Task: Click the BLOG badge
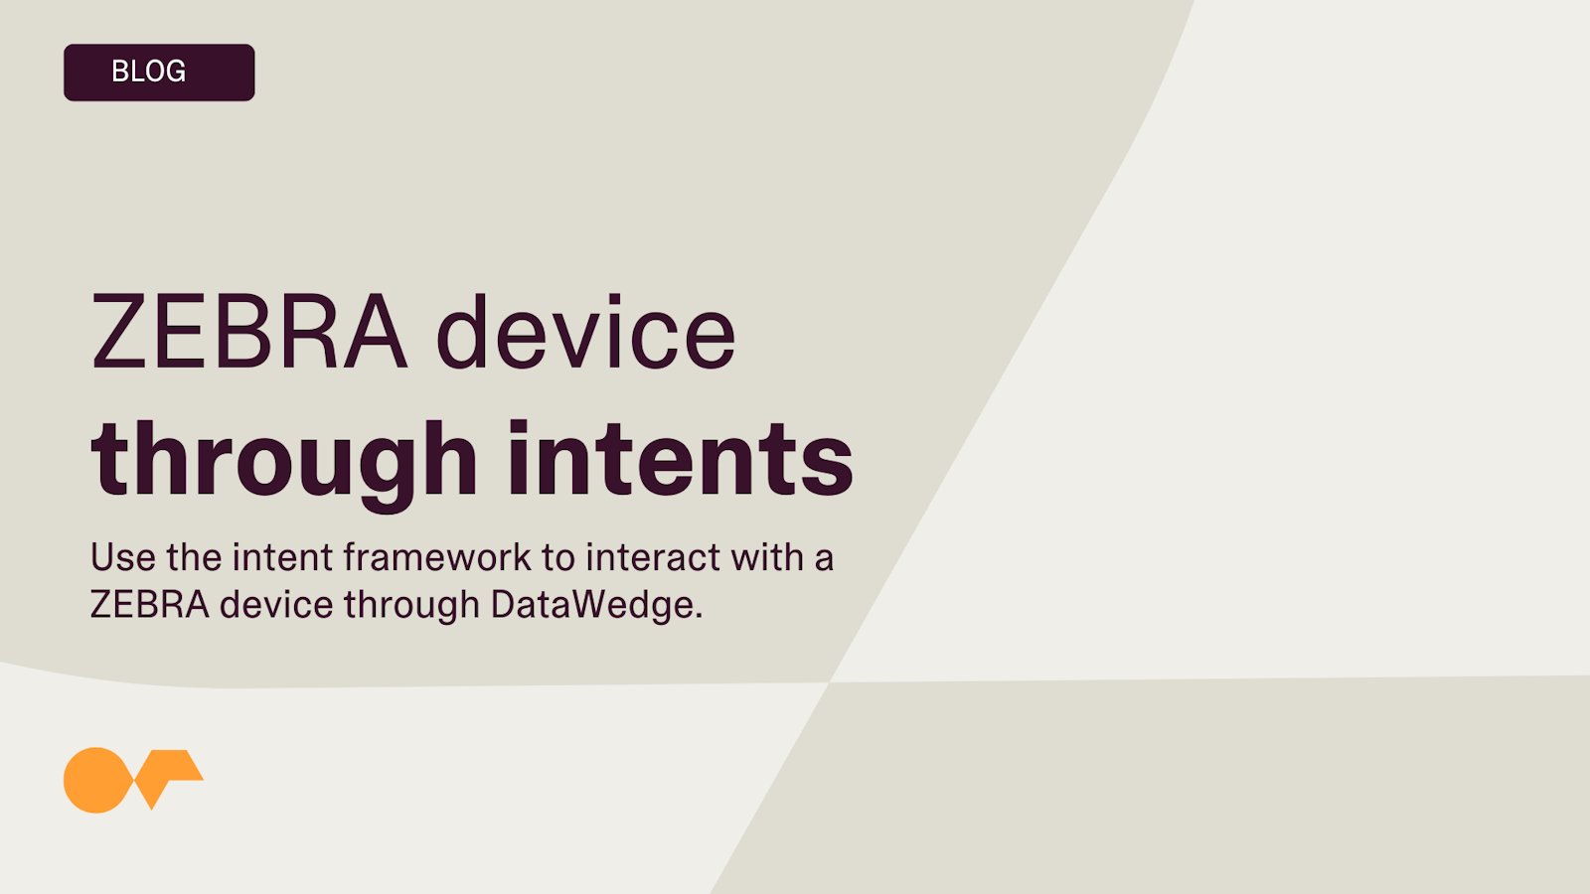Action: click(x=159, y=73)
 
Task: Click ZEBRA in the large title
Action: click(x=249, y=332)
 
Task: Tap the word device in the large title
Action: click(x=585, y=332)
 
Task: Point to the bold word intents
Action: click(x=681, y=459)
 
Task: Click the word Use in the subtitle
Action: click(x=123, y=557)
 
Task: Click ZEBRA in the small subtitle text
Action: click(x=150, y=605)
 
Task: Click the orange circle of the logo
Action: click(x=95, y=780)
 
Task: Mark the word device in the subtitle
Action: click(x=277, y=605)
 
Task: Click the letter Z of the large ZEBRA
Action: click(x=118, y=332)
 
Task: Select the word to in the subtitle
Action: click(x=558, y=558)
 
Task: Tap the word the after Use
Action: click(x=194, y=557)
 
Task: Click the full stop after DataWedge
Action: click(x=699, y=616)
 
